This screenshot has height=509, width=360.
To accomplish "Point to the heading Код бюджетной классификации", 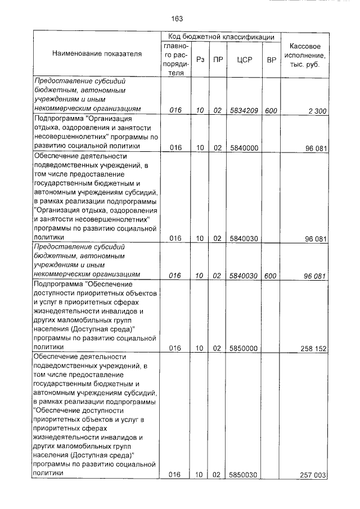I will click(x=221, y=37).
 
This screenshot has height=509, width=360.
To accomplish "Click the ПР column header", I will click(x=217, y=59).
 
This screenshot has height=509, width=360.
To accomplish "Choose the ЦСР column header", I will click(x=244, y=59).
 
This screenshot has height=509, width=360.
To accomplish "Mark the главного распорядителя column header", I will click(x=176, y=59).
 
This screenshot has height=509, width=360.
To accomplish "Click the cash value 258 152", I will click(x=313, y=348).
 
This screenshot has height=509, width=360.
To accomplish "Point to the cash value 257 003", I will click(x=313, y=475).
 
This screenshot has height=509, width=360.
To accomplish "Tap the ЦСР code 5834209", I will click(x=244, y=111).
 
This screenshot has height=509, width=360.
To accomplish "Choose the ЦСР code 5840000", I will click(x=244, y=148).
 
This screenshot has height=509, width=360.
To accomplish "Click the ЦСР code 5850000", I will click(x=244, y=348).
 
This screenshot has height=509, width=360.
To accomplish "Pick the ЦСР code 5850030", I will click(x=244, y=475).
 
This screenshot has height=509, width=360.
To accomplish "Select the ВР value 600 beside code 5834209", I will click(x=271, y=111).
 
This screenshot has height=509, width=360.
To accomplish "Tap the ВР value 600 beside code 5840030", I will click(x=271, y=276).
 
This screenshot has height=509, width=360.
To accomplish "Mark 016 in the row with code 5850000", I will click(x=175, y=348).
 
